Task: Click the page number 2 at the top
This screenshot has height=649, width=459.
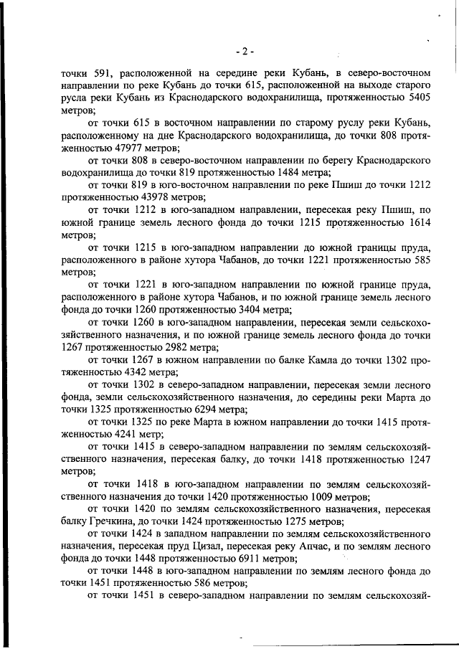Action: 245,52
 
